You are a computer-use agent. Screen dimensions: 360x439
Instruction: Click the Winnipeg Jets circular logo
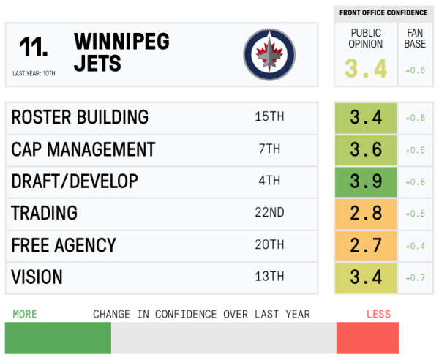coord(271,55)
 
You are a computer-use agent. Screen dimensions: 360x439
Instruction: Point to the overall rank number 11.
coord(34,48)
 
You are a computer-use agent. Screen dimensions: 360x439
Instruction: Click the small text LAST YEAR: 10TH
coord(34,73)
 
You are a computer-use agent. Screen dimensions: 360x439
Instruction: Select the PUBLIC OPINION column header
coord(366,38)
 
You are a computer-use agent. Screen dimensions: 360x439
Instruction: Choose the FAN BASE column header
coord(415,38)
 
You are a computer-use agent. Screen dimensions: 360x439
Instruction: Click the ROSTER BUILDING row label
coord(80,118)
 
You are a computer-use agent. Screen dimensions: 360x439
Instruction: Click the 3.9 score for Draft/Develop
coord(366,181)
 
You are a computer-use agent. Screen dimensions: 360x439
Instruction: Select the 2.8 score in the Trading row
coord(366,214)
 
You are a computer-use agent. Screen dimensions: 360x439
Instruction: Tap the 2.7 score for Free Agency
coord(366,245)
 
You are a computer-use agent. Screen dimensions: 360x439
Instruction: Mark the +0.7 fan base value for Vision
coord(415,277)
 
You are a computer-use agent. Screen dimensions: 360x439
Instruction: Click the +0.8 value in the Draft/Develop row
coord(415,181)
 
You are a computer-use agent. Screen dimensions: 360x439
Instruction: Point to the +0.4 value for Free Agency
coord(415,245)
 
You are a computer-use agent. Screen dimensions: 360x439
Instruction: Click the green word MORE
coord(25,315)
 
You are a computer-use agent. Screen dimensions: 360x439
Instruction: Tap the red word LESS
coord(378,315)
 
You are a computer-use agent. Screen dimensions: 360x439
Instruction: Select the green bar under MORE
coord(58,339)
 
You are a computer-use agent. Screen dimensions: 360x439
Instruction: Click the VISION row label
coord(37,277)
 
